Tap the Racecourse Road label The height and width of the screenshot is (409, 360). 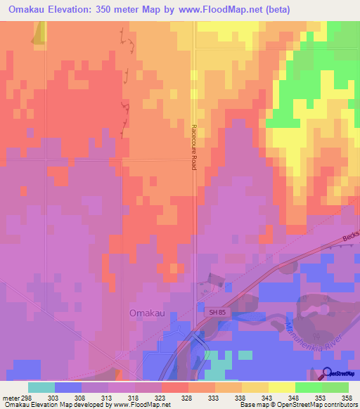[x=194, y=147]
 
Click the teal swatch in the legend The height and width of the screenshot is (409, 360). [x=41, y=387]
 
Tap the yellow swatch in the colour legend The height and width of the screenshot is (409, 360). [x=281, y=387]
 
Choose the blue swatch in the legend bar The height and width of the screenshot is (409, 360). [x=67, y=387]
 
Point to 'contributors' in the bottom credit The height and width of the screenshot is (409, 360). [x=340, y=405]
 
